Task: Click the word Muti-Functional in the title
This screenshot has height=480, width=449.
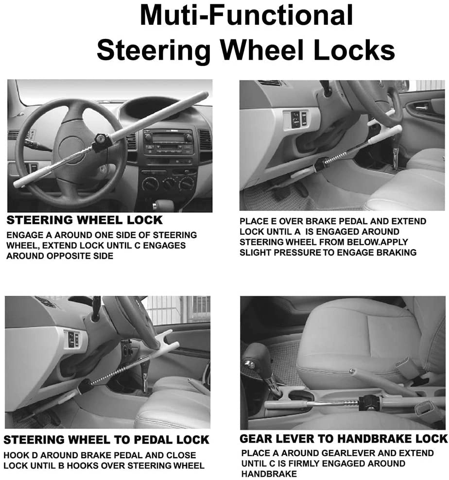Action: tap(246, 16)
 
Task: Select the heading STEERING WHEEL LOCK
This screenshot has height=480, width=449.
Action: tap(84, 220)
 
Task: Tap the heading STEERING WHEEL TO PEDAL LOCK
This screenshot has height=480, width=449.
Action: tap(106, 440)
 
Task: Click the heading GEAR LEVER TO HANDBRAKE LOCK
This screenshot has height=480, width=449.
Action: tap(343, 439)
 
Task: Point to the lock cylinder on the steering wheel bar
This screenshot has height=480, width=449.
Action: tap(101, 141)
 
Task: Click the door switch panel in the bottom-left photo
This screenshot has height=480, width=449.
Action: tap(72, 339)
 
